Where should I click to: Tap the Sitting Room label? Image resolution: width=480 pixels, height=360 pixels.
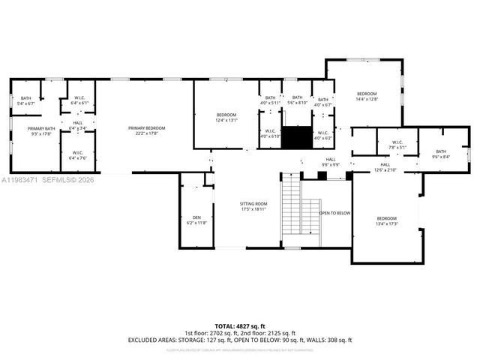tap(232, 206)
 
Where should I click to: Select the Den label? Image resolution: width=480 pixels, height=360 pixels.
tap(196, 220)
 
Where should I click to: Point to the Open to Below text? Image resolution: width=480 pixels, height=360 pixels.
tap(334, 213)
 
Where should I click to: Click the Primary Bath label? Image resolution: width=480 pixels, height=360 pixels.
tap(42, 131)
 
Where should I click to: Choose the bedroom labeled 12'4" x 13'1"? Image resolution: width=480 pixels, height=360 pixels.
tap(226, 117)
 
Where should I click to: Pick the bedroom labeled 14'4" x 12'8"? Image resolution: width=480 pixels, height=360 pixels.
tap(367, 95)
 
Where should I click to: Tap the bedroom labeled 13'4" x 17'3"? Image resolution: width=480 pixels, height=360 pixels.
tap(386, 221)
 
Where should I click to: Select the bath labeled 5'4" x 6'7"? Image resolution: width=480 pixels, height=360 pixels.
tap(26, 100)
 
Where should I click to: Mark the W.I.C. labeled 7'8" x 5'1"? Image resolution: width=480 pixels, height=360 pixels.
tap(391, 145)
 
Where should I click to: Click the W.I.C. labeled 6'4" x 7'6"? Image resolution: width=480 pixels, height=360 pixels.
tap(78, 155)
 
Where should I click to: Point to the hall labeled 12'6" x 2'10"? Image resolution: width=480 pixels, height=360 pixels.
tap(385, 167)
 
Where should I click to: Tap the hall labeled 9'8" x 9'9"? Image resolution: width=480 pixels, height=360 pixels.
tap(331, 161)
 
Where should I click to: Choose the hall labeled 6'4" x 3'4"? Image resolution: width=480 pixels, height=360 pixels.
tap(78, 125)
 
